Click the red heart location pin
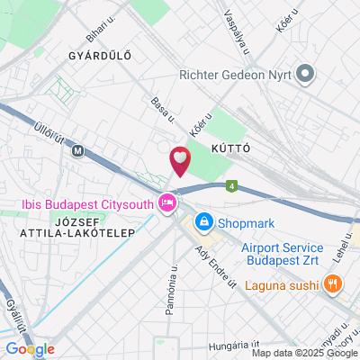coord(180,161)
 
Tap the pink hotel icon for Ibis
coord(166,204)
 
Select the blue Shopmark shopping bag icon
coord(204,220)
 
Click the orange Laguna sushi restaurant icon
coord(334,284)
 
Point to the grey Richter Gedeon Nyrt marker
coord(306,75)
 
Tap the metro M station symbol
coord(80,151)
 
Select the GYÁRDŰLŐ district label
coord(100,56)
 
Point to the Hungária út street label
coord(232,344)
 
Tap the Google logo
coord(30,349)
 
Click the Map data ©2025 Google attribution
coord(304,353)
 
